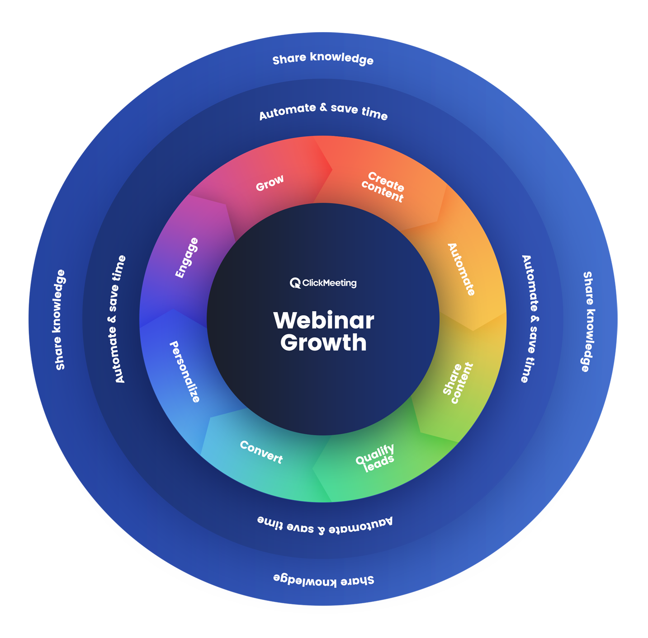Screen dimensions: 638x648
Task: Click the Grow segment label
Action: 270,183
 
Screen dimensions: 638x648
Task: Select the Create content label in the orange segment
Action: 383,187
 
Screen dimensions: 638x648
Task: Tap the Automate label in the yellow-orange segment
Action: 461,269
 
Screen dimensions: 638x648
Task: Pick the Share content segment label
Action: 458,383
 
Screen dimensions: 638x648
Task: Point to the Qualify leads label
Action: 375,458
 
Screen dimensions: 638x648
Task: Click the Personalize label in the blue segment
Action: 184,371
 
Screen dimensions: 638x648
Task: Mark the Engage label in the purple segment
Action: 187,258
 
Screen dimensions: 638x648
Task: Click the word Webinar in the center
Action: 324,321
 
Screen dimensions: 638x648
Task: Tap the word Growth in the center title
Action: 323,343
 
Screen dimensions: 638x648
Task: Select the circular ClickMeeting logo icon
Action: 295,283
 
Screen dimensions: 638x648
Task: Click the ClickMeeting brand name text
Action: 329,283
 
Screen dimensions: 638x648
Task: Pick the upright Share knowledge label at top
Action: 323,59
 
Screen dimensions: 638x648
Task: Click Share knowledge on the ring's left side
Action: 60,320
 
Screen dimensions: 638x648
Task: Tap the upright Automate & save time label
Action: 323,111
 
